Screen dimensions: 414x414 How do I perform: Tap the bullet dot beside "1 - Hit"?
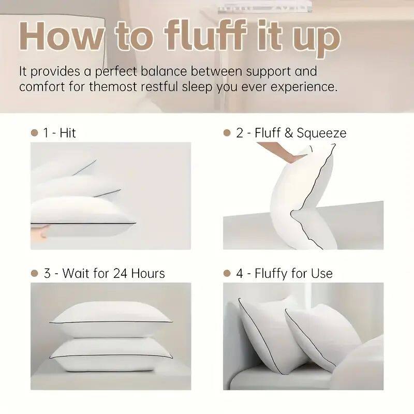(x=35, y=133)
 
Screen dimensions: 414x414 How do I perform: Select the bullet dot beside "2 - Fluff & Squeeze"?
(x=227, y=133)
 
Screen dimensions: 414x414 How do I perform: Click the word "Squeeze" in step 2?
(x=321, y=133)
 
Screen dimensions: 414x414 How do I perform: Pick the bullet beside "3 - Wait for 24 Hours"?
(x=35, y=273)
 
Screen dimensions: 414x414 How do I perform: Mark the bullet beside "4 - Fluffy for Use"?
(x=227, y=273)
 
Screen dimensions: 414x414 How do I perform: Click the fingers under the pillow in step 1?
(x=38, y=231)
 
